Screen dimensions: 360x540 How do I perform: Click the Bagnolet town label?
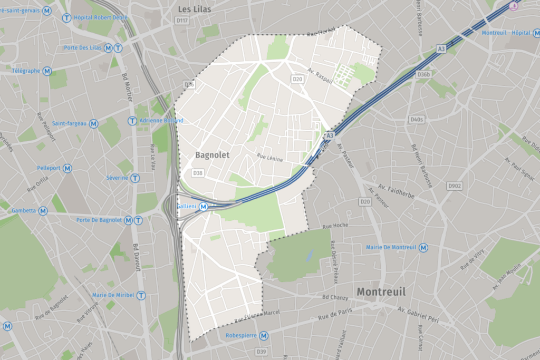pos(213,155)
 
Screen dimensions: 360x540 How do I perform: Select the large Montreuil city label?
pos(381,291)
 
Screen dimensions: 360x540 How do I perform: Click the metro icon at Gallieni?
pos(203,207)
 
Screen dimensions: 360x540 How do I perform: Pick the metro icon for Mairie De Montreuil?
pos(423,247)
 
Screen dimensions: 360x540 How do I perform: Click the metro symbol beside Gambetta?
pos(43,210)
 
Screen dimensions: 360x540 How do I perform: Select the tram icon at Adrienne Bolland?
pos(132,121)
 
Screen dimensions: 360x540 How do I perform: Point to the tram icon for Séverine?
pos(136,178)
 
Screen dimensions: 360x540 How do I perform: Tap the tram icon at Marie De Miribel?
pos(141,295)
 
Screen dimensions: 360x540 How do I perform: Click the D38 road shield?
pos(198,173)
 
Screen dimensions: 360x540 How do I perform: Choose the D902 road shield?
pos(454,186)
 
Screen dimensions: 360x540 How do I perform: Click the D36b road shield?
pos(423,75)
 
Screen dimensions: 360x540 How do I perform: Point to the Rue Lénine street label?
pos(270,158)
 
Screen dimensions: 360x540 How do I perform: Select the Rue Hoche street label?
pos(335,226)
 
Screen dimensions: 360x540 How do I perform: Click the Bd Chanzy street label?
pos(335,297)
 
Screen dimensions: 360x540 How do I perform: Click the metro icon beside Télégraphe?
pos(47,70)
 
